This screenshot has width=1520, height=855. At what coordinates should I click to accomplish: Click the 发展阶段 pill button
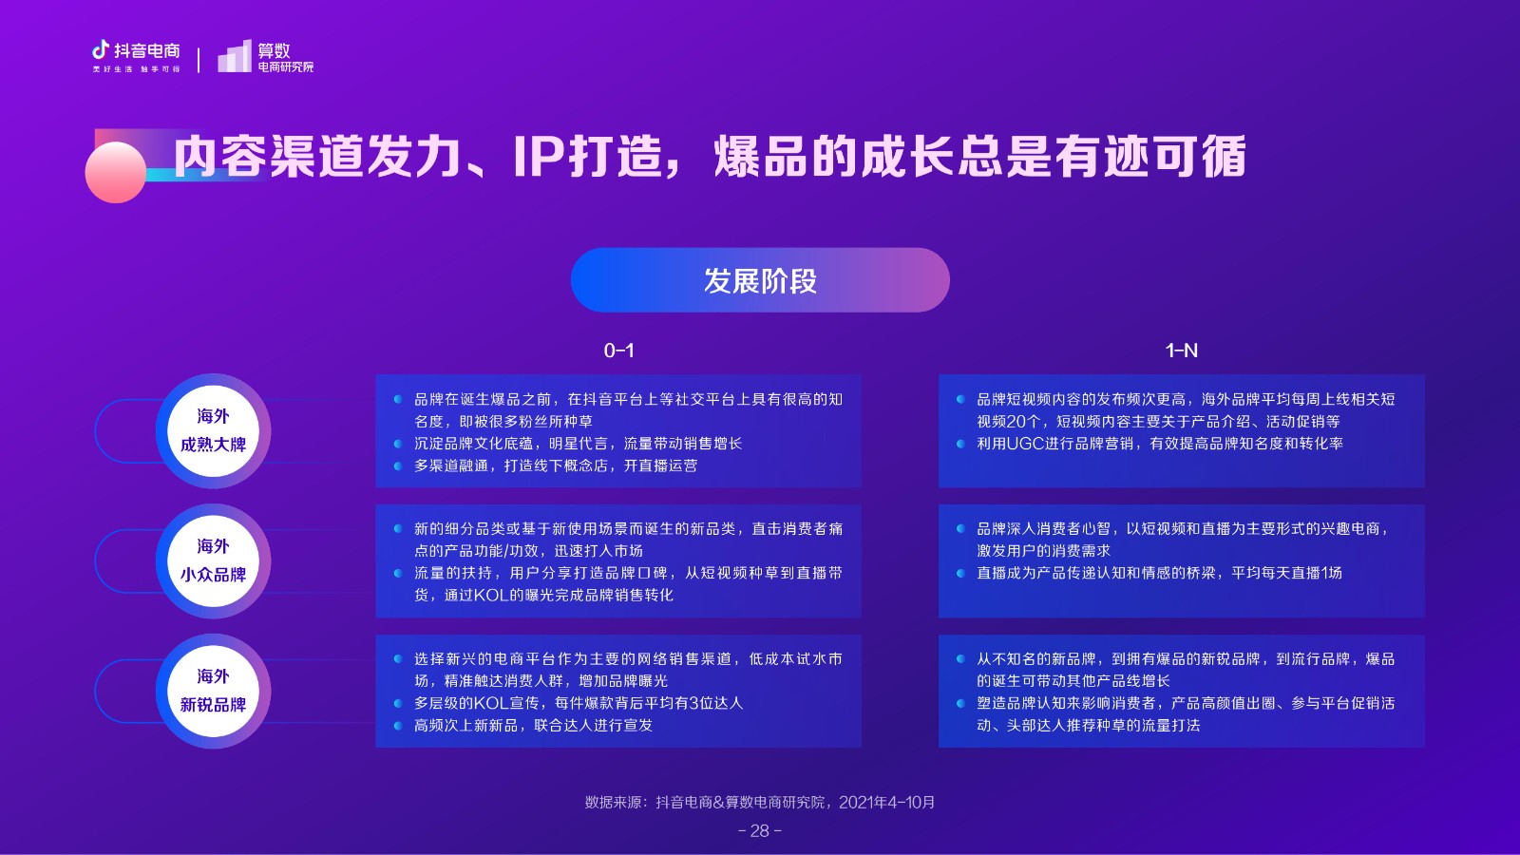click(x=760, y=280)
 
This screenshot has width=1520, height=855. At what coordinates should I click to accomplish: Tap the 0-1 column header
click(x=618, y=351)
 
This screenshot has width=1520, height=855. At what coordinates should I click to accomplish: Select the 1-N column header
click(x=1182, y=351)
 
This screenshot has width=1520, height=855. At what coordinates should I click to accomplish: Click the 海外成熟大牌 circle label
click(x=213, y=431)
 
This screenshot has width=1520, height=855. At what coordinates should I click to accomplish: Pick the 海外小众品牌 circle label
click(x=213, y=561)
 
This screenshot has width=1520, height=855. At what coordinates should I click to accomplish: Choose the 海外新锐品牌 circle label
click(x=213, y=691)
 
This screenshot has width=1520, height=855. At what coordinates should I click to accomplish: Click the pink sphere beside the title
click(x=115, y=172)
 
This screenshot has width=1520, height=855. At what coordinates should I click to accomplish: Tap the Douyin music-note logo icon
click(x=101, y=49)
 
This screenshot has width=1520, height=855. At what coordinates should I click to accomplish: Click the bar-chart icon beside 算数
click(x=234, y=56)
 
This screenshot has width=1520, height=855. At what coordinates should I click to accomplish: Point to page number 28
click(x=760, y=830)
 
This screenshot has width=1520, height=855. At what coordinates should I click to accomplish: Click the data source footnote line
click(x=760, y=802)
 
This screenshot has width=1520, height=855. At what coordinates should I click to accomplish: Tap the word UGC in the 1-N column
click(x=1025, y=444)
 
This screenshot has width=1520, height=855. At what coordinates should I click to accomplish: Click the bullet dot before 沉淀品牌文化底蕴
click(x=398, y=444)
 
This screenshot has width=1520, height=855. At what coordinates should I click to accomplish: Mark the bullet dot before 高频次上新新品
click(x=398, y=726)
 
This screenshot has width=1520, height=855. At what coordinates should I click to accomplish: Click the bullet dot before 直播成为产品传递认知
click(x=960, y=574)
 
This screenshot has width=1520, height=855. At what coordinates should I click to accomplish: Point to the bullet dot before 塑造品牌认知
click(x=960, y=703)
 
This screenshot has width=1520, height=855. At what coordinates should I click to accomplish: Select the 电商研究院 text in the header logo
click(x=286, y=66)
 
